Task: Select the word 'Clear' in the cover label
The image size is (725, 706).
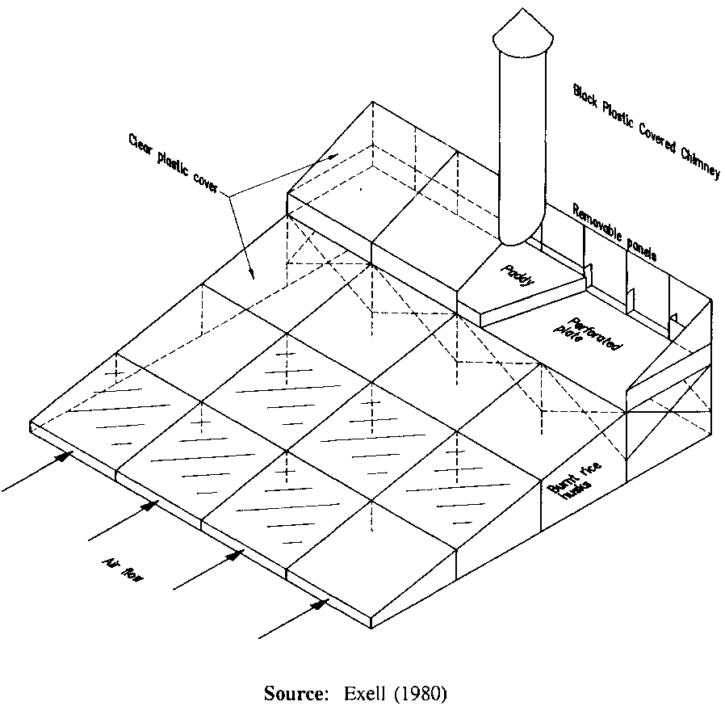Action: pos(139,146)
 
